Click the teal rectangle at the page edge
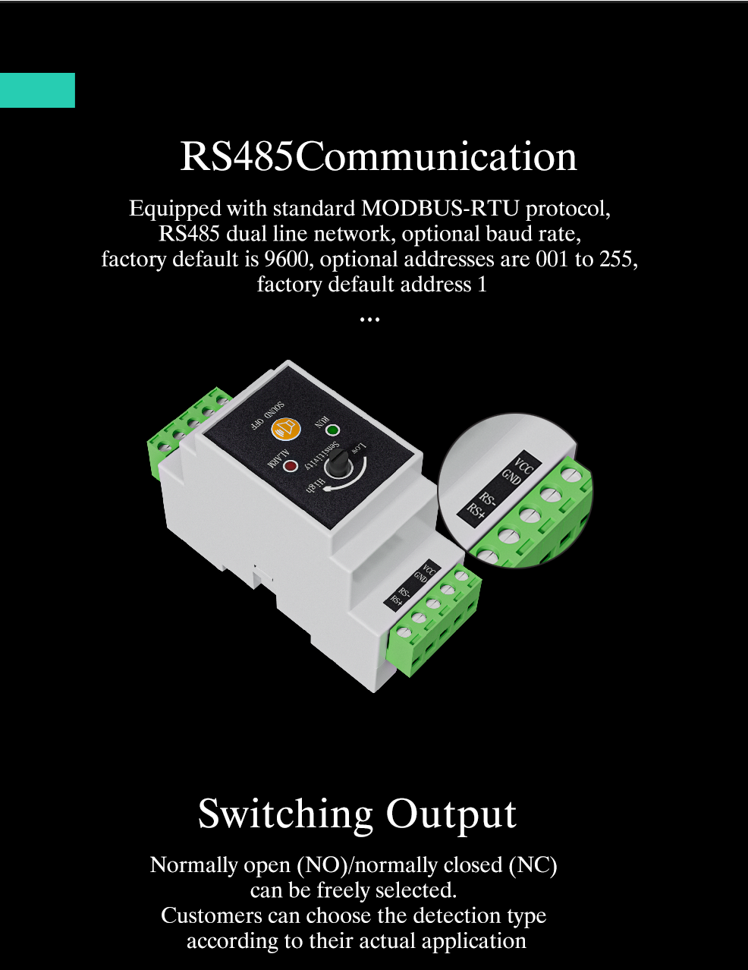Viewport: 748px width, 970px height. (37, 90)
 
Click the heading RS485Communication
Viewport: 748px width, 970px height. (379, 156)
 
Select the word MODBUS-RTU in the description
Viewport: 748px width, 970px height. (440, 208)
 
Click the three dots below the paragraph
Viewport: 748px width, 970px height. (369, 320)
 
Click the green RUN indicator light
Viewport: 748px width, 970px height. (332, 430)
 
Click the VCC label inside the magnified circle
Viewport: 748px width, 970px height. (524, 465)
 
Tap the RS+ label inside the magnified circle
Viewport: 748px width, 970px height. (476, 512)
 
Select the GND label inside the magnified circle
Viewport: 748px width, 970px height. (511, 477)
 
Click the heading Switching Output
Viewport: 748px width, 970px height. (357, 814)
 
